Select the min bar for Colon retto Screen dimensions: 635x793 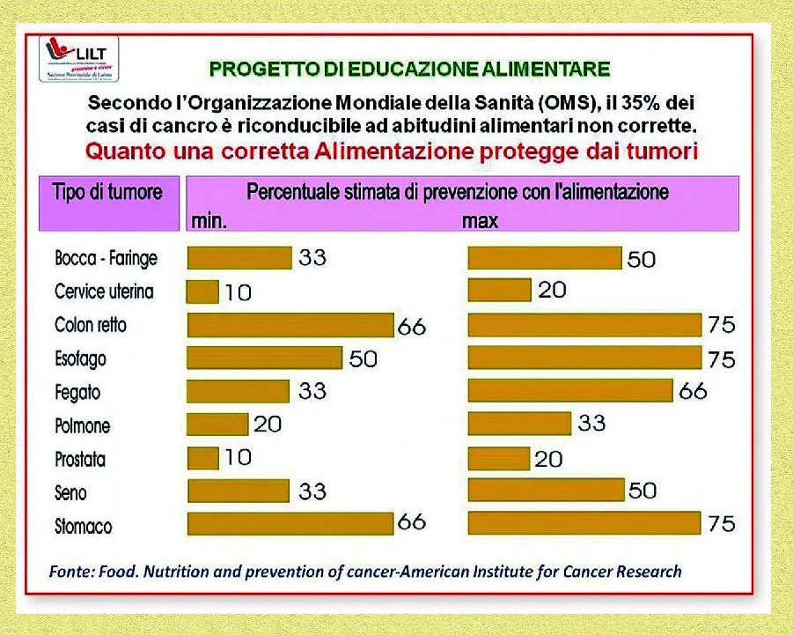click(x=290, y=325)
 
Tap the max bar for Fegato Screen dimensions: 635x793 click(x=570, y=390)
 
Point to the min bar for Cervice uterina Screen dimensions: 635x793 click(x=202, y=292)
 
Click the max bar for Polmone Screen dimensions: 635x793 click(x=519, y=424)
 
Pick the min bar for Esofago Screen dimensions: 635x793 click(x=264, y=358)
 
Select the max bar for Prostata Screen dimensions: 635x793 click(x=498, y=458)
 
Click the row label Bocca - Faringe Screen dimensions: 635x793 click(x=106, y=258)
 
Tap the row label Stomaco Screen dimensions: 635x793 click(x=84, y=526)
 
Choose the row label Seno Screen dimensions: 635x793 click(x=71, y=492)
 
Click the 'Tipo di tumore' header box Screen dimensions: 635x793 click(x=107, y=192)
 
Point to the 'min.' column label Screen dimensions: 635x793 click(x=209, y=220)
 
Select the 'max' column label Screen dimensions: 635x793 click(x=480, y=220)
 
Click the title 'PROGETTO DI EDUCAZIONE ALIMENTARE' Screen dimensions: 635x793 click(x=409, y=69)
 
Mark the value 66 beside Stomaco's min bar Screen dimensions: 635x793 click(x=412, y=522)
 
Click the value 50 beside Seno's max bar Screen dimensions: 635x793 click(x=642, y=491)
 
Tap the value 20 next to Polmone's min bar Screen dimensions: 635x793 click(x=268, y=424)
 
